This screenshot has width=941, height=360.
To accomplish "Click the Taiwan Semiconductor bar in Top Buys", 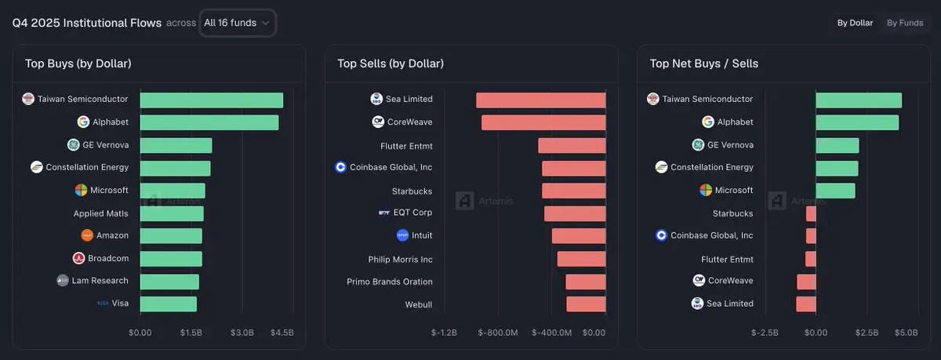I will point(211,100).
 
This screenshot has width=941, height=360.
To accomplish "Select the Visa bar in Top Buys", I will point(168,304).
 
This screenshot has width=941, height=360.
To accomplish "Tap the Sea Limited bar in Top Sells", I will point(540,100).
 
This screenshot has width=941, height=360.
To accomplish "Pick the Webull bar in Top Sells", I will point(586,304).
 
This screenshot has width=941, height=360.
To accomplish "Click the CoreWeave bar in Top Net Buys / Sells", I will point(806,281).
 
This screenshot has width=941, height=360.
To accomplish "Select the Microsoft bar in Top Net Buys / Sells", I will point(835,191).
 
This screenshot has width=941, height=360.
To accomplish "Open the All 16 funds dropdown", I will point(237,23).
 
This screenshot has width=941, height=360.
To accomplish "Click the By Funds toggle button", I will point(905,23).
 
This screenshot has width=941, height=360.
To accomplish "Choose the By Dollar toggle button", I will point(855,23).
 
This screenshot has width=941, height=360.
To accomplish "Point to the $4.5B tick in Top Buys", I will point(282,333).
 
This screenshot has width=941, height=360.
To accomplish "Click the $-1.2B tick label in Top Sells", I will point(444,333).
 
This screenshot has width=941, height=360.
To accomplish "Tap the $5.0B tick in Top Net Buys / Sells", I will point(906,333).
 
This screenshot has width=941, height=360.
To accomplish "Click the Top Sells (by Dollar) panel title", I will point(391,64).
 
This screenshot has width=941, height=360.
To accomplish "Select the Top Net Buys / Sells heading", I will point(704,64).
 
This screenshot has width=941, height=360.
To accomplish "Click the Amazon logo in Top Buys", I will point(87,235).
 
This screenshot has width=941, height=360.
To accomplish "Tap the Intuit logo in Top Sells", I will point(402,235).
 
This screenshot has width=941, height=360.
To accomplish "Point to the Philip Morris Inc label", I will point(400,259).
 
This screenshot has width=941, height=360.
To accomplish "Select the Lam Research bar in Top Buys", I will point(169,281).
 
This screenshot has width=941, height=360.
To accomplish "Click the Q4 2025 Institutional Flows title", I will point(86,23).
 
